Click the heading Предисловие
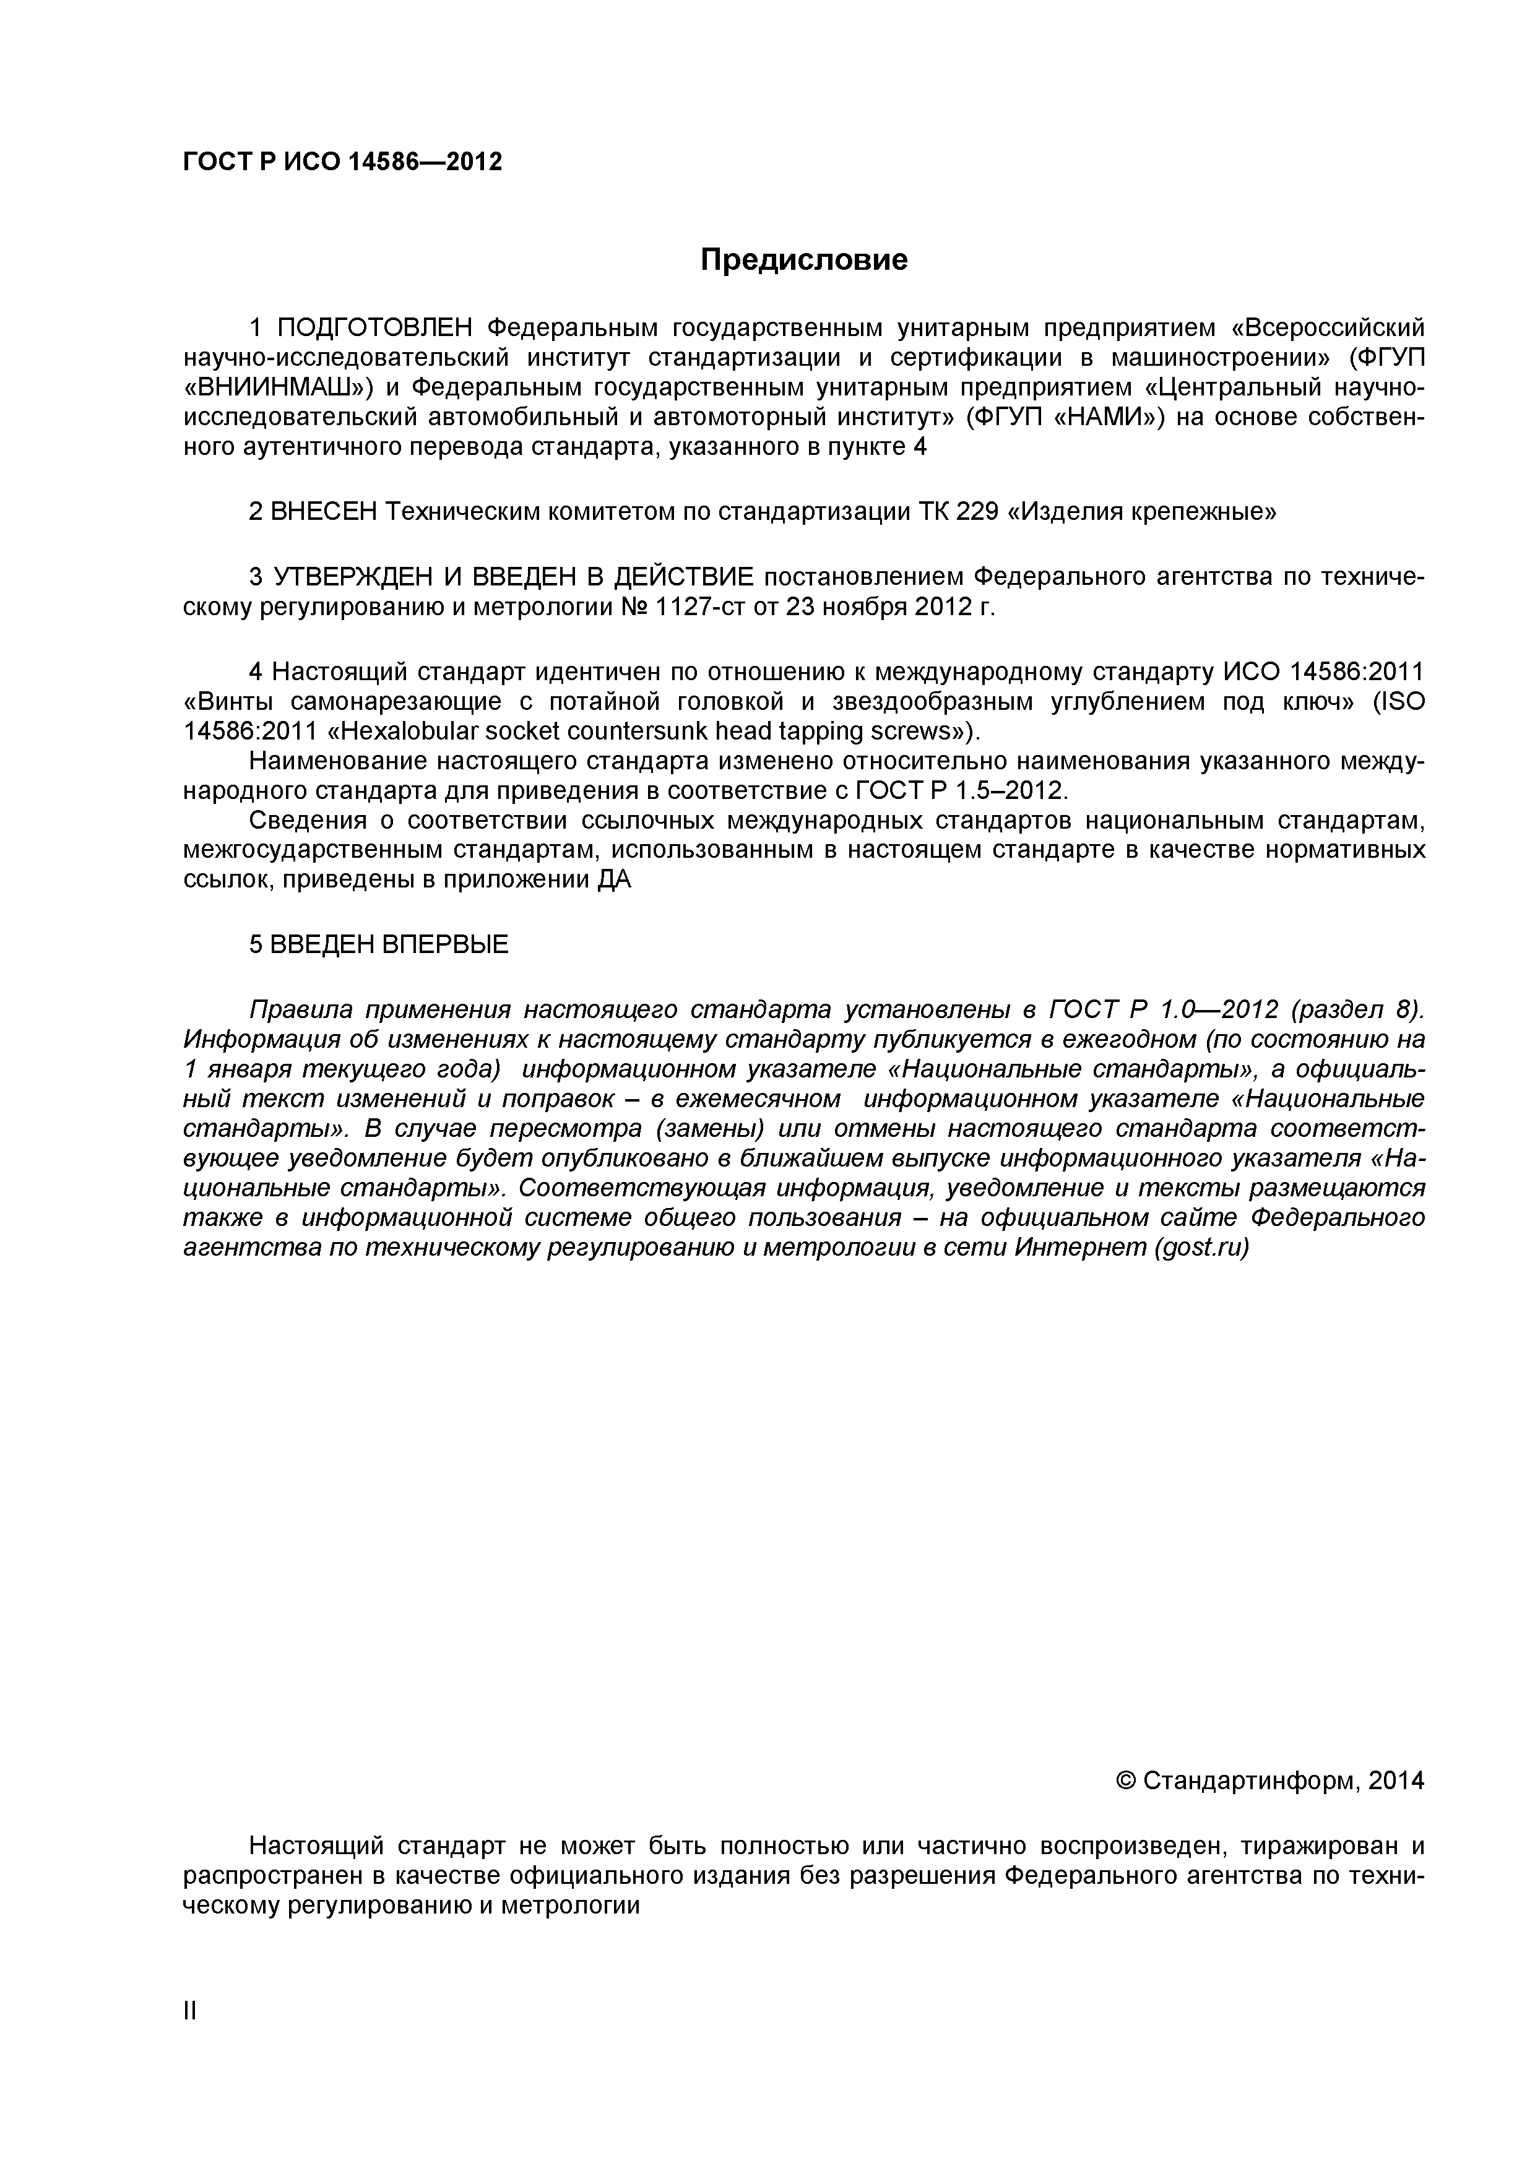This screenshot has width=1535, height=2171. pos(804,259)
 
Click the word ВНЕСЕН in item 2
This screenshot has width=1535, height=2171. pos(324,512)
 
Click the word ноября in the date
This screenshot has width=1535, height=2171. pos(865,607)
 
